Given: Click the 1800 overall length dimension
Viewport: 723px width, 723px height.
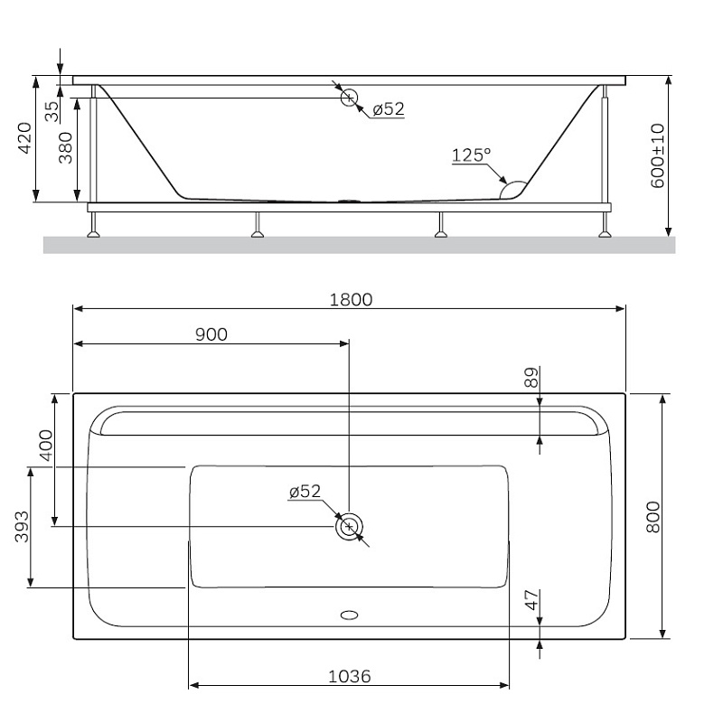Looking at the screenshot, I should pyautogui.click(x=350, y=299).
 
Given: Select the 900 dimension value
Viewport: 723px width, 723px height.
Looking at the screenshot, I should pyautogui.click(x=211, y=333).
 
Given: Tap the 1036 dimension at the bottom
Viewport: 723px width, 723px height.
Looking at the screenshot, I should pyautogui.click(x=349, y=675).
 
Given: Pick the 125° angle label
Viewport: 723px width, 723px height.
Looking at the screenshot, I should pyautogui.click(x=470, y=155).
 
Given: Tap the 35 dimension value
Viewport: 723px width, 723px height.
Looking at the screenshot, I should pyautogui.click(x=52, y=111).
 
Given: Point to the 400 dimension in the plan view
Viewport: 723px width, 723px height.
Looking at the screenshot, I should pyautogui.click(x=44, y=445).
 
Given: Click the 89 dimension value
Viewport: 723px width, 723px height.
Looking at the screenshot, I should pyautogui.click(x=531, y=378).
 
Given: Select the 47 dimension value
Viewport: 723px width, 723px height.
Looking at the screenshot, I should pyautogui.click(x=531, y=599).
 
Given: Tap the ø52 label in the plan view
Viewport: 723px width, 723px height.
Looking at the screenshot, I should pyautogui.click(x=305, y=492).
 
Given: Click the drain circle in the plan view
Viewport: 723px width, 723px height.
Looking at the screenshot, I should pyautogui.click(x=349, y=527).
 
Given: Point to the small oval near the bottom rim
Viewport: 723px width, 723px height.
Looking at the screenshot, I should pyautogui.click(x=349, y=615).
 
